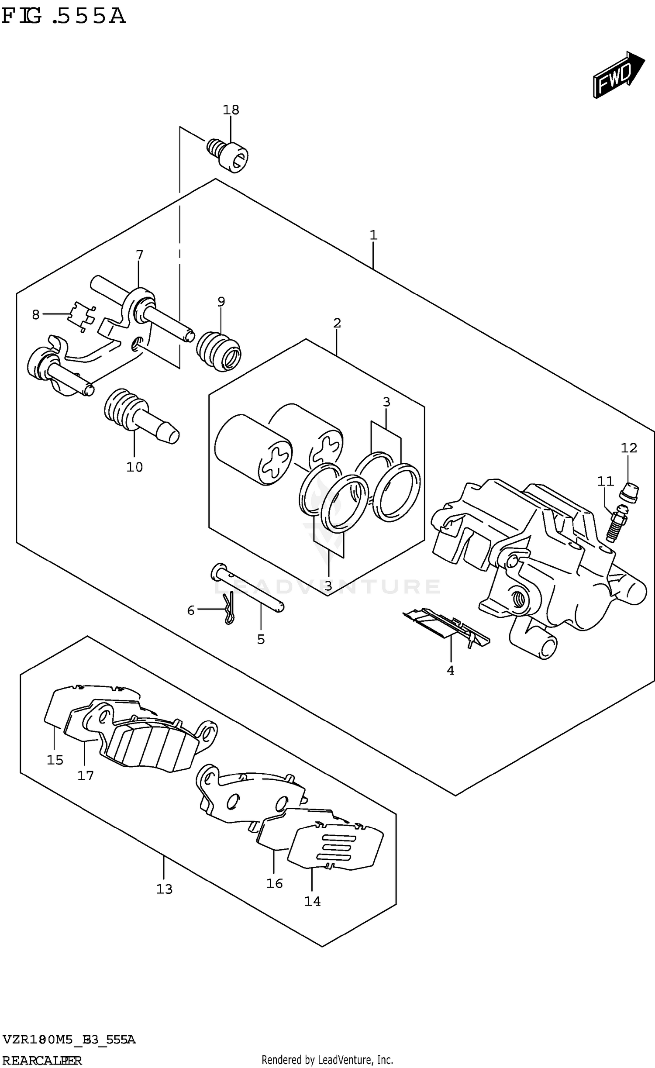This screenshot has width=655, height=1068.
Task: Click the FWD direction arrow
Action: [x=617, y=75]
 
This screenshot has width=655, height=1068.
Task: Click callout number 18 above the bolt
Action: [x=231, y=110]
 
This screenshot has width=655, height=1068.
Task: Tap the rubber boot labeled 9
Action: [x=219, y=352]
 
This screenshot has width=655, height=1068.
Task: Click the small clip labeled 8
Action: [x=82, y=315]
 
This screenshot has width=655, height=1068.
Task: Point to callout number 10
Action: [x=134, y=467]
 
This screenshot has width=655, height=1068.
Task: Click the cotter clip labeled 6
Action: [x=229, y=609]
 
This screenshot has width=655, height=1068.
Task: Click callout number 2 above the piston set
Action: [x=337, y=323]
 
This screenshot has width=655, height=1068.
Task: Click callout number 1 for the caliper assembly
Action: [x=373, y=235]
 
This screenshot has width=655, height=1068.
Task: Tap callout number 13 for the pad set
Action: [x=164, y=889]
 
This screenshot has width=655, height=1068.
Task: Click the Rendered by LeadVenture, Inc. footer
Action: [x=327, y=1060]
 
